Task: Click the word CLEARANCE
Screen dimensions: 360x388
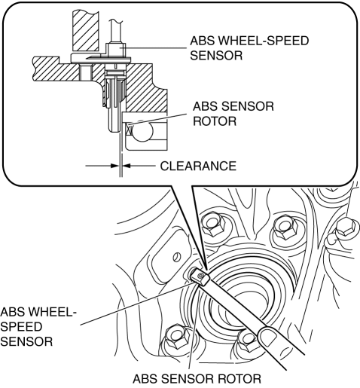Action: click(x=198, y=166)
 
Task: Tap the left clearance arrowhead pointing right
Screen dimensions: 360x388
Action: click(x=115, y=166)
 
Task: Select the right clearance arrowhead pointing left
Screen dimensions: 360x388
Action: click(x=127, y=166)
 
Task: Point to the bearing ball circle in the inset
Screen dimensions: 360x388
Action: click(x=142, y=132)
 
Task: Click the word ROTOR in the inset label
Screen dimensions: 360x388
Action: click(x=215, y=121)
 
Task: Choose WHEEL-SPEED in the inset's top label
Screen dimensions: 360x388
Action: click(x=264, y=41)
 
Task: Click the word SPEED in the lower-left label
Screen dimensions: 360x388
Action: click(x=21, y=327)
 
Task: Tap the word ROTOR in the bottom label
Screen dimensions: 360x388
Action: click(x=239, y=379)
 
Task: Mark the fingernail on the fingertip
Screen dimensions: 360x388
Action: click(x=268, y=336)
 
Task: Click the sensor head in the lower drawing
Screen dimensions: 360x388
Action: click(x=200, y=276)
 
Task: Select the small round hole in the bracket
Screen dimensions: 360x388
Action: click(x=177, y=257)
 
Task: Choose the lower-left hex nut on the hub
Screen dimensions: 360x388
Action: click(x=175, y=339)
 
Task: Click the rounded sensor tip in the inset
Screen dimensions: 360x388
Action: click(x=114, y=127)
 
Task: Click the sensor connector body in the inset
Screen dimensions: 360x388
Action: click(x=115, y=50)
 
